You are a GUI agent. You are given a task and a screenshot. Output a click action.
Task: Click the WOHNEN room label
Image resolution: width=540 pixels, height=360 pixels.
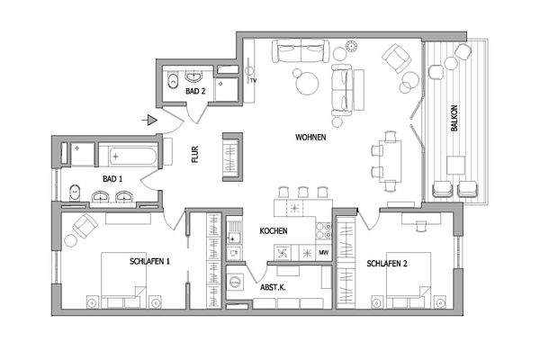[310, 139]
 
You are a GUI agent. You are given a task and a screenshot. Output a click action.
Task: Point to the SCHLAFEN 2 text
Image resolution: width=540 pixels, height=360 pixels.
[388, 264]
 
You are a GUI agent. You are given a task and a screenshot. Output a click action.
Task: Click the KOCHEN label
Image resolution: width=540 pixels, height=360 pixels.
[274, 231]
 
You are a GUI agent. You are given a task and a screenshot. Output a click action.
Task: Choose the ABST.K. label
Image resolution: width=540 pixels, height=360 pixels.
[273, 289]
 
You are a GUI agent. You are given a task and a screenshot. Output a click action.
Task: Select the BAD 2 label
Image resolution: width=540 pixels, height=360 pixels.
[196, 92]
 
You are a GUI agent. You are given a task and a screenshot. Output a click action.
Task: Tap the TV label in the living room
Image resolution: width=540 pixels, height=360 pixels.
[254, 81]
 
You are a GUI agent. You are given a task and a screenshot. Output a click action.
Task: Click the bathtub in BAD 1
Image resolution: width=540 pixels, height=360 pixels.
[129, 154]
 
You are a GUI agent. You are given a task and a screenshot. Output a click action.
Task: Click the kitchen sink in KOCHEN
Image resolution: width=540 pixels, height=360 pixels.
[235, 238]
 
